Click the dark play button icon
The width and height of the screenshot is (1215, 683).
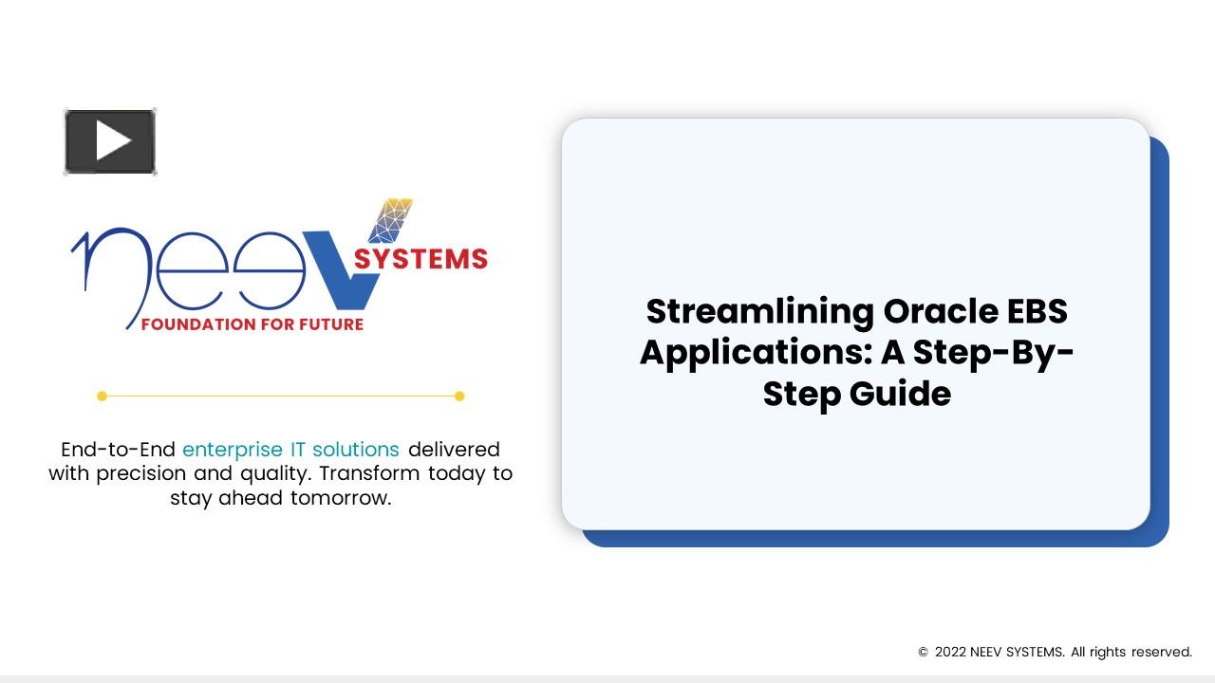click(110, 141)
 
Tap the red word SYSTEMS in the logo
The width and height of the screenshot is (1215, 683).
click(421, 259)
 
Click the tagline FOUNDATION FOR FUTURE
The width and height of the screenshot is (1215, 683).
click(252, 324)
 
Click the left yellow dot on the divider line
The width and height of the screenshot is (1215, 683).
click(102, 397)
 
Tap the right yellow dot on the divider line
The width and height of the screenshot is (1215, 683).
click(459, 397)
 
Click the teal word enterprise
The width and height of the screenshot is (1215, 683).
click(233, 450)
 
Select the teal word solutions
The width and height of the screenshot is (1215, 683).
click(356, 450)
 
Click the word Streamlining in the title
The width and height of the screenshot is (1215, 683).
click(760, 312)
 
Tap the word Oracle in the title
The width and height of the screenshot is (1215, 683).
click(941, 311)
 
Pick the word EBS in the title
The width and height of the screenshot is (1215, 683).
click(1037, 311)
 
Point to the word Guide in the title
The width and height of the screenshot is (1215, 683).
click(900, 394)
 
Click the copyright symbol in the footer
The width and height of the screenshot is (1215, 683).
click(923, 652)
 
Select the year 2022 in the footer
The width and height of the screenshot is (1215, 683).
click(950, 652)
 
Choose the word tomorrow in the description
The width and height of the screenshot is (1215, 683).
click(341, 498)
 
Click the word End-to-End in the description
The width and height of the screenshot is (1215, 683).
click(118, 450)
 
